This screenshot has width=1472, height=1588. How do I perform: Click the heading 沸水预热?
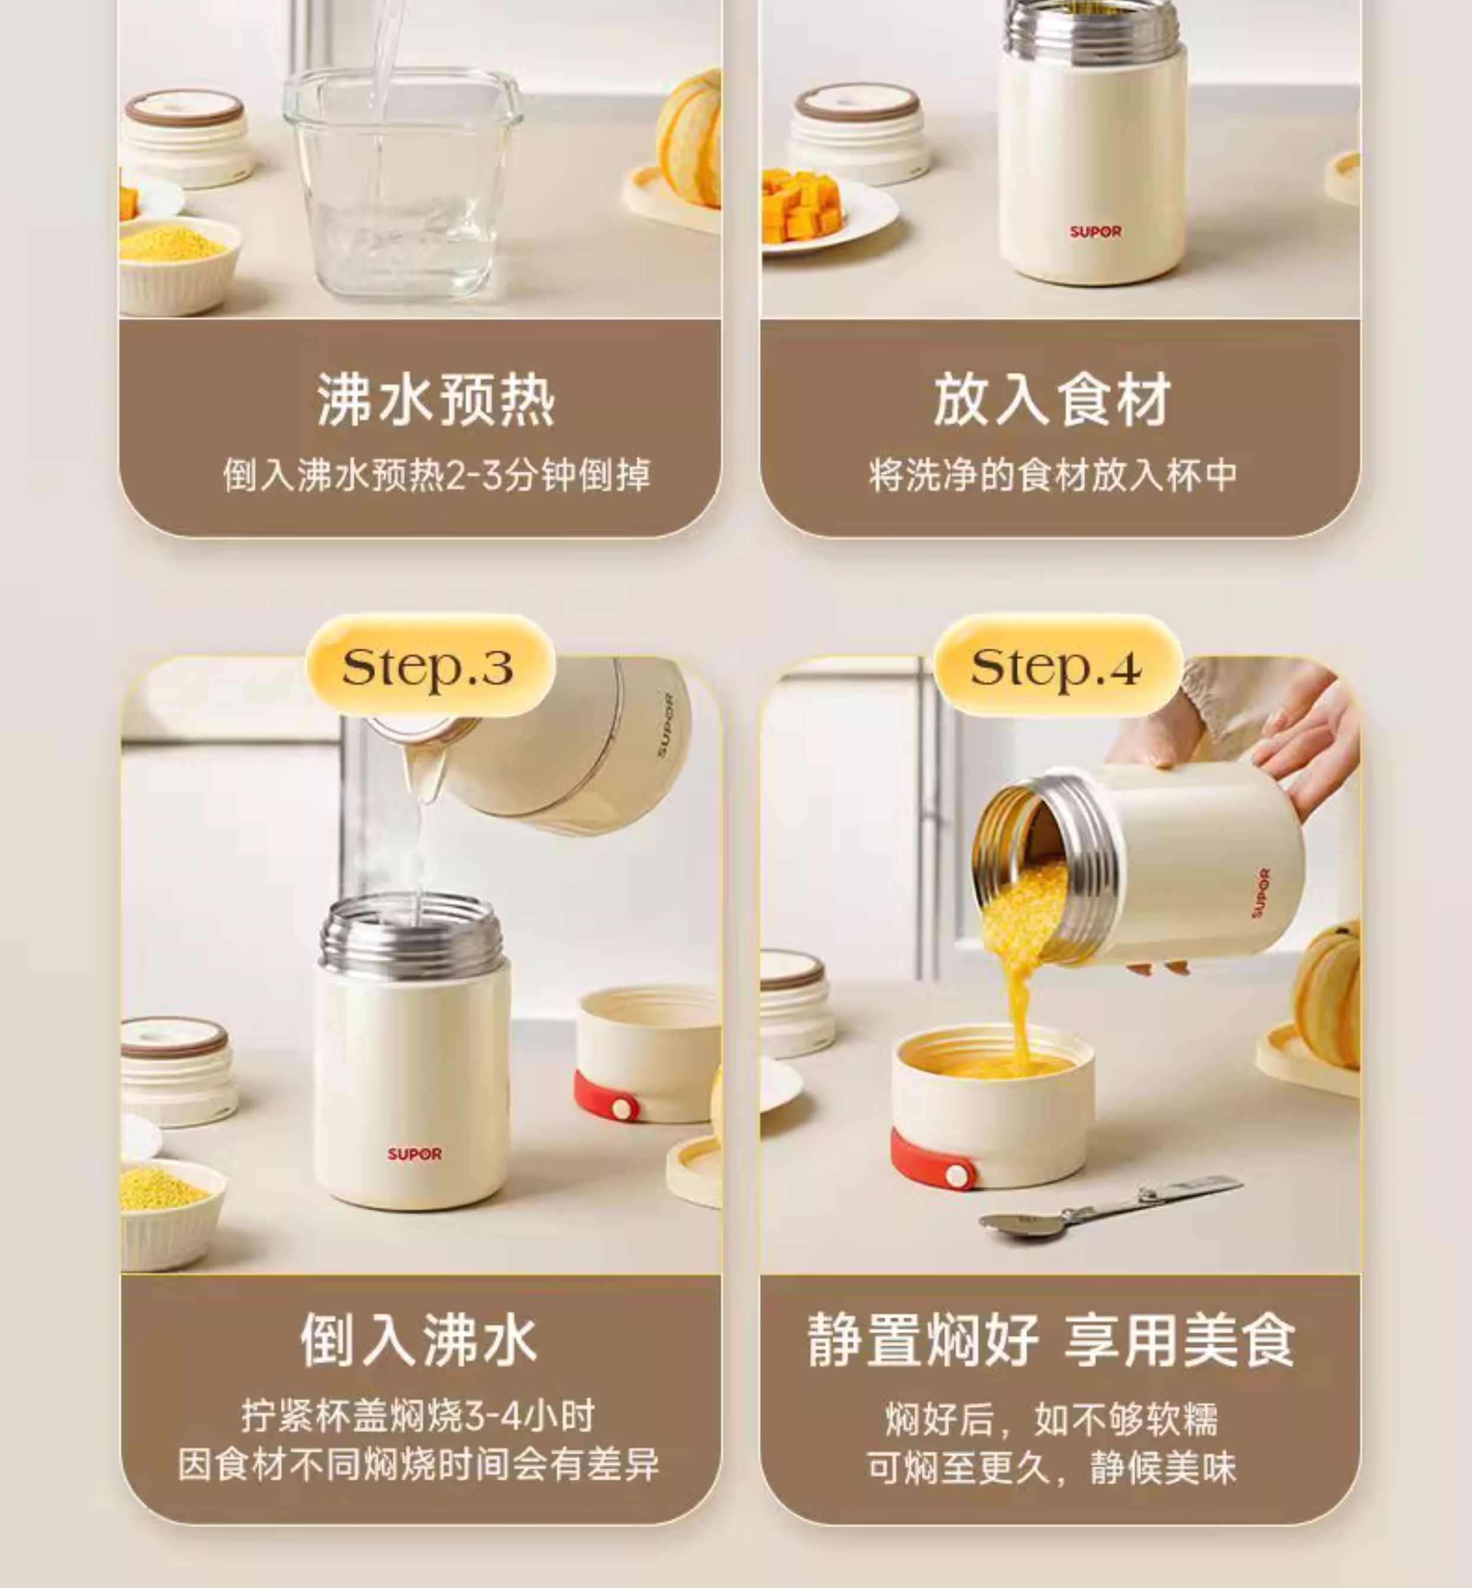click(x=436, y=400)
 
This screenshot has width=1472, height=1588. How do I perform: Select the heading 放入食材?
click(x=1052, y=400)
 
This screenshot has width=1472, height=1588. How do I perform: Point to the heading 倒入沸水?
click(x=419, y=1339)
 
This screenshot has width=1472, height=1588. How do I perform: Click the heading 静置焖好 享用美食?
click(x=1051, y=1339)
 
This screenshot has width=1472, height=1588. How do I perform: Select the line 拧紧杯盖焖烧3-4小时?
click(x=419, y=1416)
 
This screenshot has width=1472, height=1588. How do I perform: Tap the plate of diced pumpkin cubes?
click(x=824, y=212)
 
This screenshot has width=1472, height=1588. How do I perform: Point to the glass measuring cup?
click(x=402, y=184)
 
